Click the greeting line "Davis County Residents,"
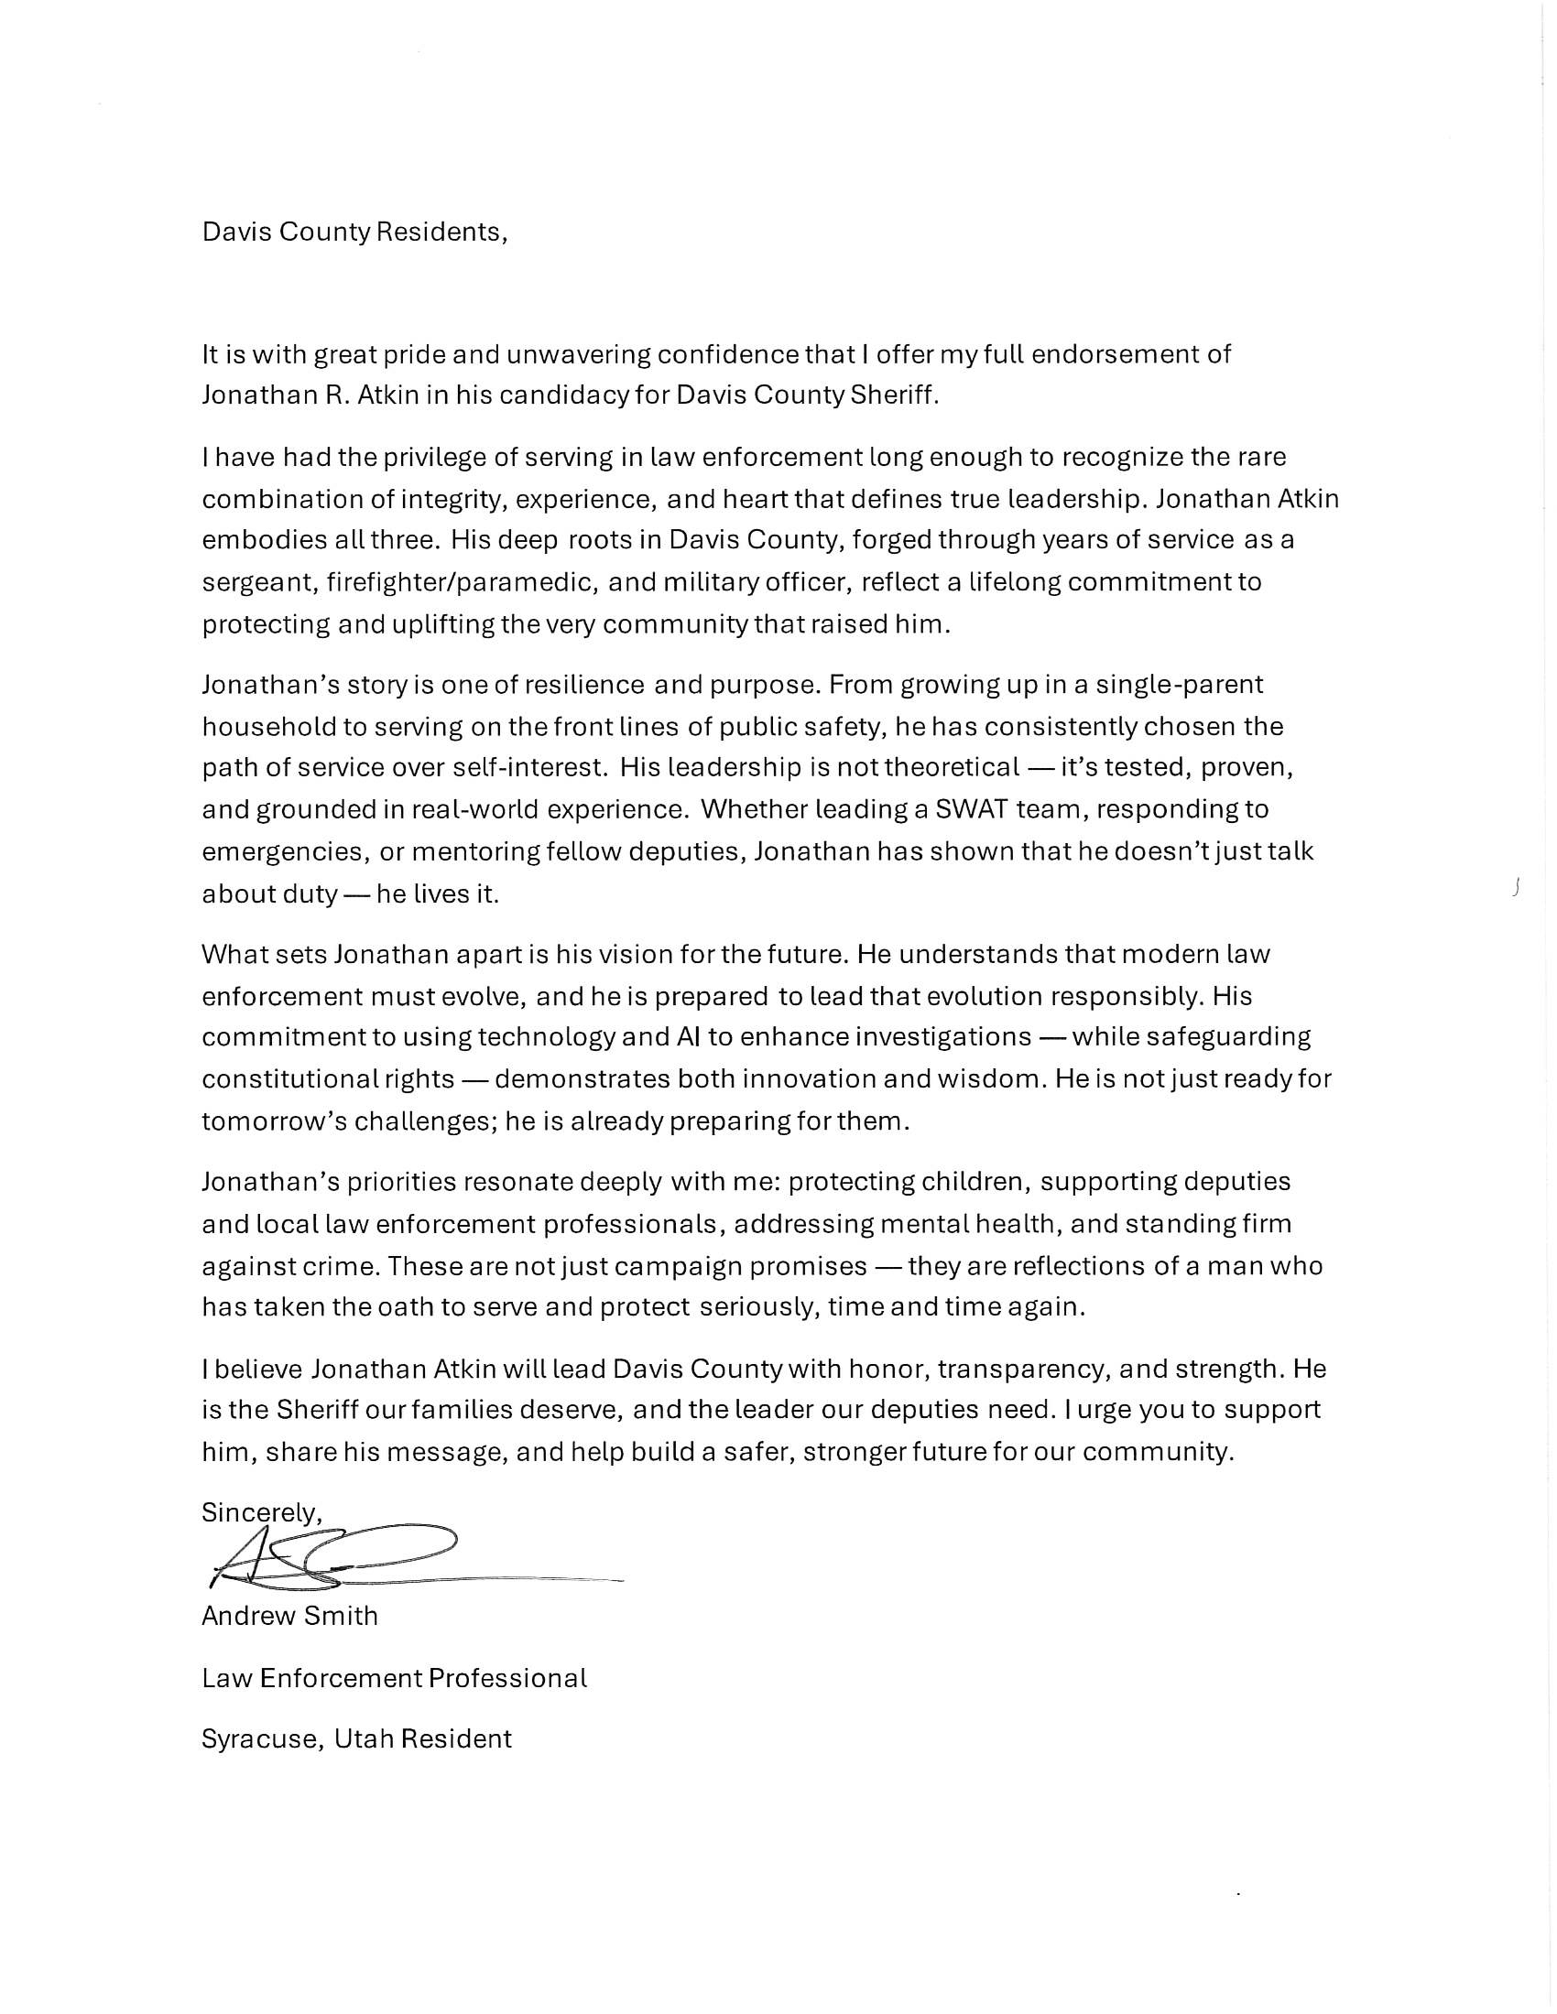tap(354, 232)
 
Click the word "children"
tap(964, 1181)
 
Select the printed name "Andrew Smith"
tap(289, 1616)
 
